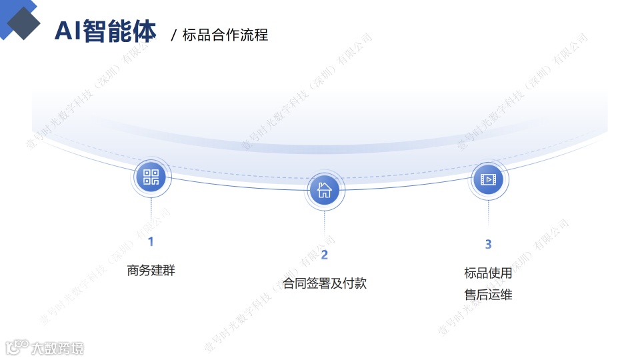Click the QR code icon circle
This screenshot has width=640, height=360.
point(151,177)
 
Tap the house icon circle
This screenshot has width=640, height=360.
point(324,190)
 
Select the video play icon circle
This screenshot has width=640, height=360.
point(488,179)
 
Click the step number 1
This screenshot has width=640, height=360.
point(151,241)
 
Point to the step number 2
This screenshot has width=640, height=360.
point(325,255)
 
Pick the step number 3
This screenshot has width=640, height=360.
point(488,245)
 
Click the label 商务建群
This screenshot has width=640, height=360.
point(151,271)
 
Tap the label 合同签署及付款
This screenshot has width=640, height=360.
point(325,283)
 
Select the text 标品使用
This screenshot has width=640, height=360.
point(488,273)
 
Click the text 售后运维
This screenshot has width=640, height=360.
point(488,294)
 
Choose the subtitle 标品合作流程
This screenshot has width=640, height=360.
point(225,35)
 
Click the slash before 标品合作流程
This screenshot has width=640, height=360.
point(174,35)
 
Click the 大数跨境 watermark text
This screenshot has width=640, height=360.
point(57,348)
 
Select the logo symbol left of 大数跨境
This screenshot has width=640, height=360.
point(16,347)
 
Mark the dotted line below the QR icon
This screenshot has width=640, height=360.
point(151,213)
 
